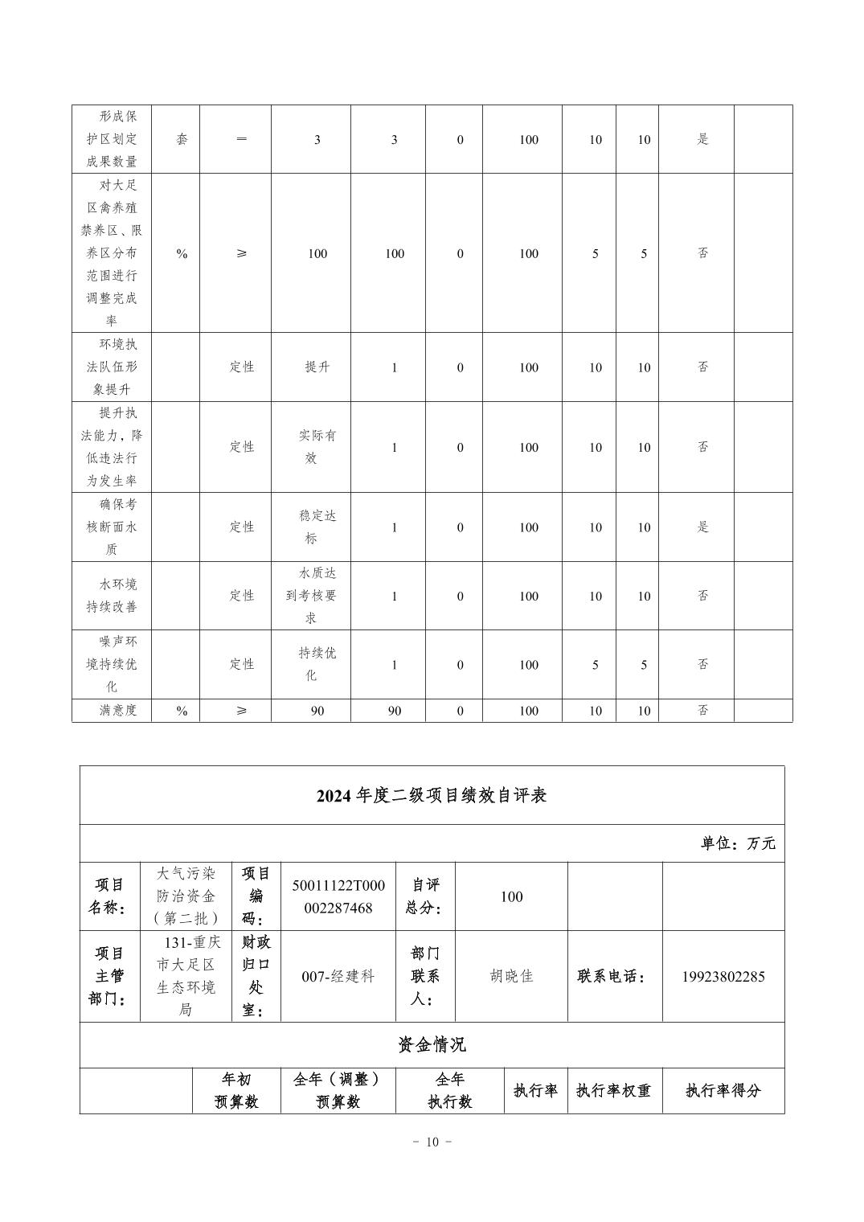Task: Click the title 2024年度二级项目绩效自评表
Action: [432, 796]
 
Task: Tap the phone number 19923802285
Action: [723, 977]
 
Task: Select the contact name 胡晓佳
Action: [511, 977]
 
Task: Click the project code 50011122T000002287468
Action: [338, 896]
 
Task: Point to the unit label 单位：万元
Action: [738, 843]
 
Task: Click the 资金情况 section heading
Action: [432, 1045]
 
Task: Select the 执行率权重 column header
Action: [614, 1091]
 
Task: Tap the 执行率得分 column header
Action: [723, 1091]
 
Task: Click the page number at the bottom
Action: [432, 1142]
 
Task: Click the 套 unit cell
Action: [182, 140]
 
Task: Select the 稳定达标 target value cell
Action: [311, 527]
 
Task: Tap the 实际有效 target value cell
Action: [311, 447]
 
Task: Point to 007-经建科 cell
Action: [338, 977]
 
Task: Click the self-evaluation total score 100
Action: [511, 896]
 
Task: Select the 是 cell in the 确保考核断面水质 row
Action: [703, 527]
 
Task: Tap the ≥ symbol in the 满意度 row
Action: [241, 711]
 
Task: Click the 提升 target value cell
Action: [317, 367]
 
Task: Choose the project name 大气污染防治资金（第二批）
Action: [186, 896]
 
